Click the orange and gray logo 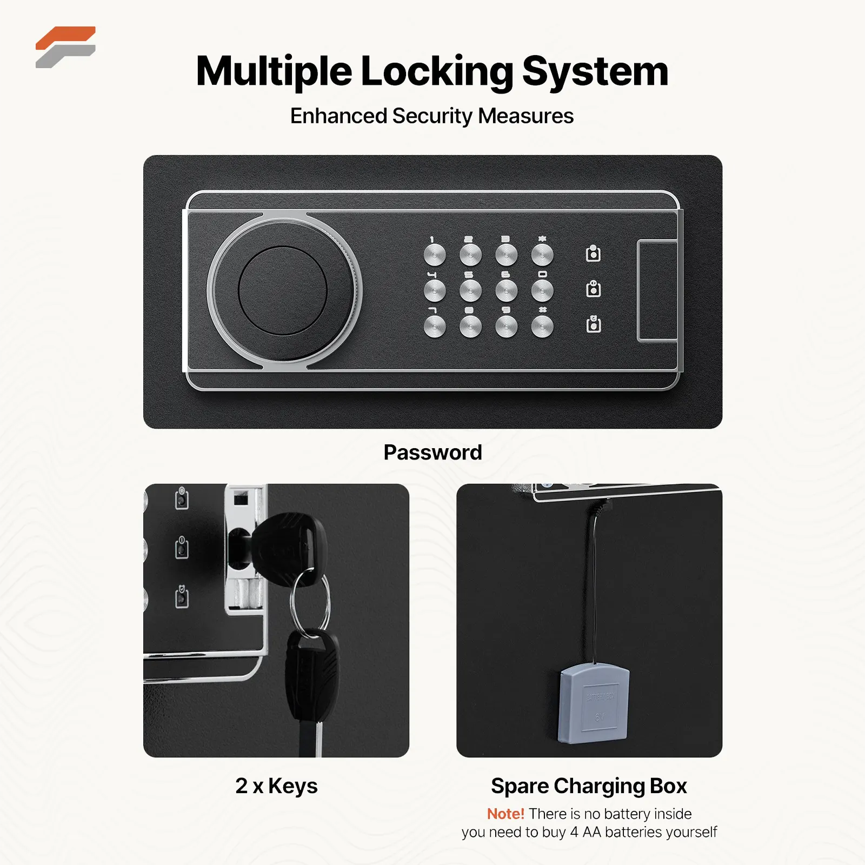[x=65, y=47]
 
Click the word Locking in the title [x=436, y=71]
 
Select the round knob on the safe [x=282, y=291]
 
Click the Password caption [x=432, y=453]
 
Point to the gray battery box [x=594, y=702]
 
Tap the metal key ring [x=310, y=600]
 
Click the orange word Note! [x=505, y=814]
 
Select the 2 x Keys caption [x=276, y=786]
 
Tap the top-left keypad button [x=435, y=255]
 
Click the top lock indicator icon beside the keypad [x=594, y=253]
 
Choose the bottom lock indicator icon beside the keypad [x=594, y=324]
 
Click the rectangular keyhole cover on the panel [x=657, y=291]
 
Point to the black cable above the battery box [x=595, y=584]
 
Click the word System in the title [x=595, y=71]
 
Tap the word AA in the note [x=592, y=832]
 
